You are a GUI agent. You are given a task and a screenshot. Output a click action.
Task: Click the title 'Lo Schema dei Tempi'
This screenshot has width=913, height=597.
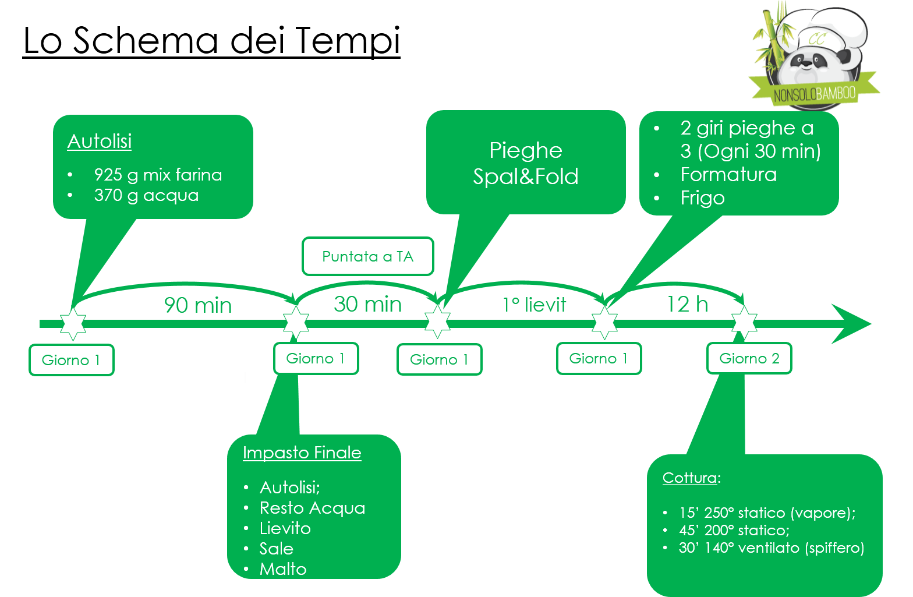point(211,41)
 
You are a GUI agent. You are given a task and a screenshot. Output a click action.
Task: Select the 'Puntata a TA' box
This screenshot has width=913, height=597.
point(367,256)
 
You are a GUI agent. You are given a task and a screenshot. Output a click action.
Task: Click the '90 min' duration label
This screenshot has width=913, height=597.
point(198,305)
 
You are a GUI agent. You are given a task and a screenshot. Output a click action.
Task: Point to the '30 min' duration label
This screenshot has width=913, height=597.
point(367,304)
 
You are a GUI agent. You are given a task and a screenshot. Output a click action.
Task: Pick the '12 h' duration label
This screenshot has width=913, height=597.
point(687,304)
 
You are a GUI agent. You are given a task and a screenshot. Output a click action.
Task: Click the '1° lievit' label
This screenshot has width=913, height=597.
point(535,305)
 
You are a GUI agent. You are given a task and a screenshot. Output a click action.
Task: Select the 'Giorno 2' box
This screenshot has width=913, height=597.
point(749,358)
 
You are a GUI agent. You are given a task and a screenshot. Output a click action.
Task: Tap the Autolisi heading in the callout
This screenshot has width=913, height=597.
point(100,142)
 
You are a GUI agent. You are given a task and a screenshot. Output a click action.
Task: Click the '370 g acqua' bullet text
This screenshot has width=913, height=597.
point(146,195)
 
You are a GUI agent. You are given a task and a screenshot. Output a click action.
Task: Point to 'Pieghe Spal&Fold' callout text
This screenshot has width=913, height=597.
point(526,163)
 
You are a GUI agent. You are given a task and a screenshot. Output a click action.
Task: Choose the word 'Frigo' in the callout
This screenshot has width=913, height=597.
point(702,198)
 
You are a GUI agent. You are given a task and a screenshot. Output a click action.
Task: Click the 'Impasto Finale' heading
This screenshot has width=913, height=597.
point(302,453)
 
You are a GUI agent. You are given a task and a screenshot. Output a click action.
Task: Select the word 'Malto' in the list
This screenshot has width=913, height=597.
point(283,569)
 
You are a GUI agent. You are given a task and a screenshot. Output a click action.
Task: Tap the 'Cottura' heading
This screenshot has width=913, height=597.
point(689,478)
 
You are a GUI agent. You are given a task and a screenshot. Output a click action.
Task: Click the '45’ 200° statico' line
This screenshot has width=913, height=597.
point(734,530)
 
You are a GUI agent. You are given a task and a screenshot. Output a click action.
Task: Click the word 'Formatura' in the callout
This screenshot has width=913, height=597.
point(728,175)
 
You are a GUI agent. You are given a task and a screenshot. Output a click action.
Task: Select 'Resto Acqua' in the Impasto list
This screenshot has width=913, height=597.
point(312,508)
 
